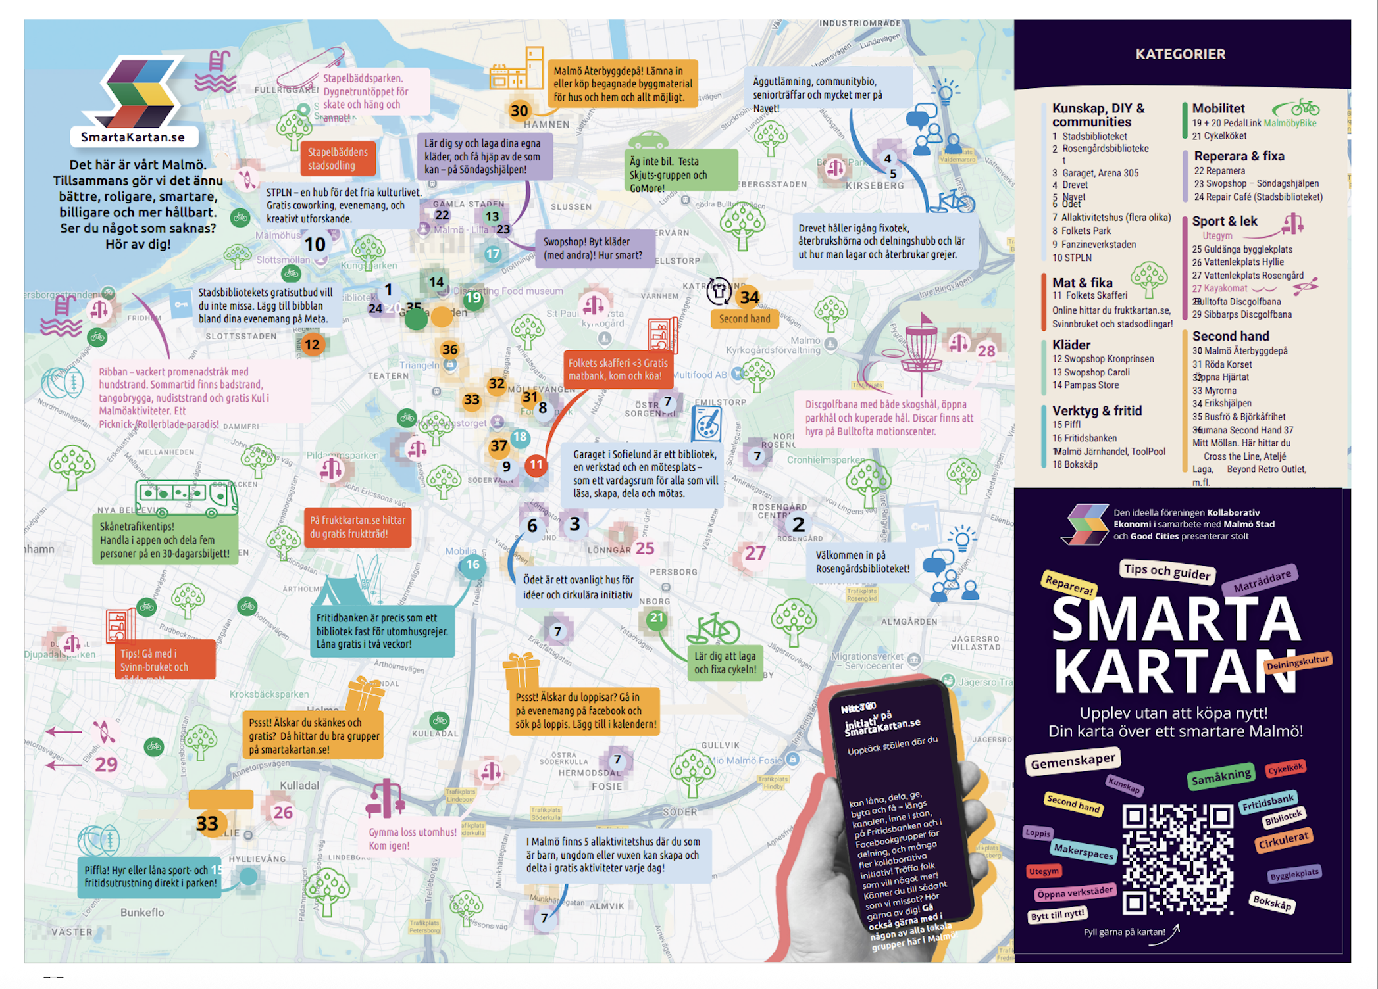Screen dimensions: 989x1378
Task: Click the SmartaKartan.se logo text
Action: (x=133, y=137)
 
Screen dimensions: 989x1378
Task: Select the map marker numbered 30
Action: (x=519, y=110)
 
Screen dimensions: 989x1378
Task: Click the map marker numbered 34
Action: (x=750, y=297)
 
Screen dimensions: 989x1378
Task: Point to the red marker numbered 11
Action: (x=536, y=465)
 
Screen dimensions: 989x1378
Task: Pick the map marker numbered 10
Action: (x=315, y=245)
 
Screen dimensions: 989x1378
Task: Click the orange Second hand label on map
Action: (x=744, y=319)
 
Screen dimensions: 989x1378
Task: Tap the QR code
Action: (x=1177, y=858)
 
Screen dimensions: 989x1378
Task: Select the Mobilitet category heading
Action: (x=1218, y=109)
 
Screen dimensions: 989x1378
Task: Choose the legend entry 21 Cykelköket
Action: (x=1219, y=136)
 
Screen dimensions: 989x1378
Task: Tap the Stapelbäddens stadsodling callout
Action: (x=338, y=158)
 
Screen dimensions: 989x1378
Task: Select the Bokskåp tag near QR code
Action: (x=1272, y=902)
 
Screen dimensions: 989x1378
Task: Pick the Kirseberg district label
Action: (x=875, y=185)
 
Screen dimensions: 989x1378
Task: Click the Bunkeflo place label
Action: (x=142, y=912)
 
